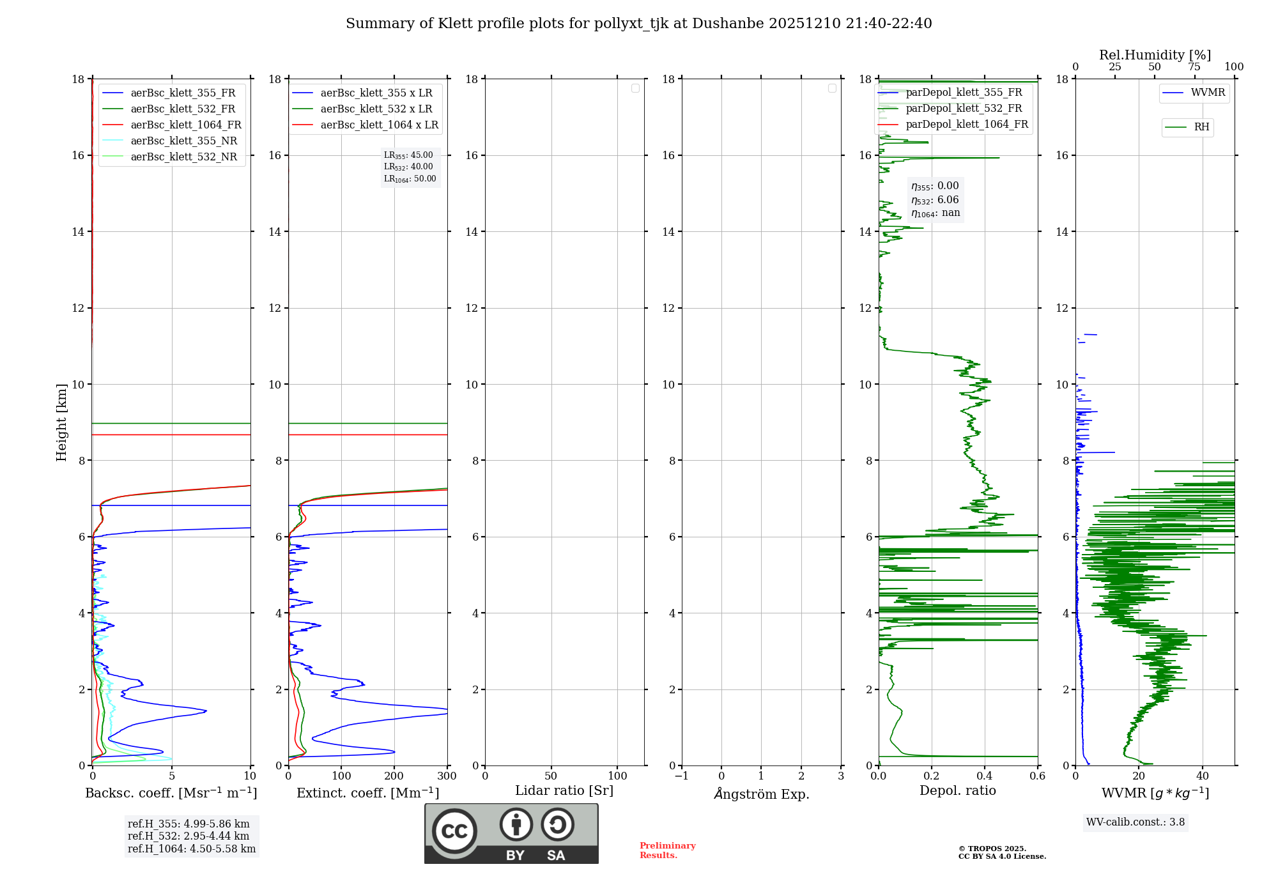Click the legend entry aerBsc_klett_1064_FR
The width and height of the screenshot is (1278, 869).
tap(185, 125)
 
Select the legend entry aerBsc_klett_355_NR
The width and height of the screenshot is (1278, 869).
tap(183, 141)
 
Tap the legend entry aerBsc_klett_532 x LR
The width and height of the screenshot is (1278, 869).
tap(376, 109)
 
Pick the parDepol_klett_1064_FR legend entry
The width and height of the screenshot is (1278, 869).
tap(966, 125)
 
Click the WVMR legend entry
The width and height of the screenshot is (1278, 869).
tap(1207, 93)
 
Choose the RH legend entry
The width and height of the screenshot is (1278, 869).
tap(1201, 127)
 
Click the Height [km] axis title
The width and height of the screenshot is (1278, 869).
tap(61, 422)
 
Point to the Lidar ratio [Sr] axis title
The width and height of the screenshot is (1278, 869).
tap(564, 791)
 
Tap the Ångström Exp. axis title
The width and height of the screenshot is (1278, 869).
tap(761, 794)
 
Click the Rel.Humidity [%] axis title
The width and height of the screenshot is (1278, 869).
tap(1155, 55)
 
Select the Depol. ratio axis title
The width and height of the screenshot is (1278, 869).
tap(957, 791)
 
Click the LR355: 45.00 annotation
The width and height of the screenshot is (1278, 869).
tap(408, 155)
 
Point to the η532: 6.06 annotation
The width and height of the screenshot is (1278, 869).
tap(935, 200)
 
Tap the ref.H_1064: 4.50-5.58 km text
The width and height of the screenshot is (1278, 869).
tap(192, 849)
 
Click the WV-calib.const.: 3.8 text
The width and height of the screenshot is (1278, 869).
tap(1136, 822)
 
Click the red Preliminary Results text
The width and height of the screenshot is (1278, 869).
tap(667, 850)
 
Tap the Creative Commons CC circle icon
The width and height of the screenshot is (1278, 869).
tap(454, 831)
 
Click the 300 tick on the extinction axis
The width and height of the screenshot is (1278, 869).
tap(447, 776)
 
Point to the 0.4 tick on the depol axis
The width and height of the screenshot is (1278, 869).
tap(985, 776)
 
